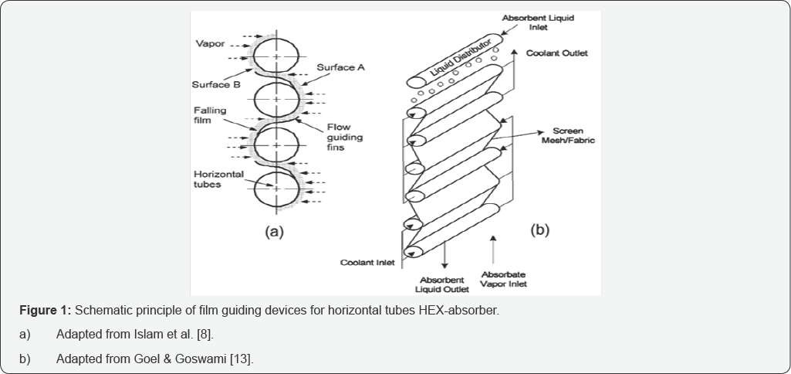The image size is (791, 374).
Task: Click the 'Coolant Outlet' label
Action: click(x=557, y=53)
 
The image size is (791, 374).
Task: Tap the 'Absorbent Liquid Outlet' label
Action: click(x=441, y=284)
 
